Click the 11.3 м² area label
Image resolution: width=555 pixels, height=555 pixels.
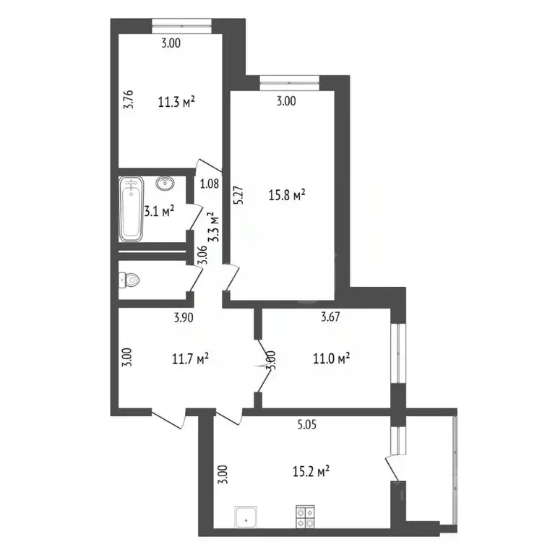click(177, 102)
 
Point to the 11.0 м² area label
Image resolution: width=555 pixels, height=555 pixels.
click(332, 357)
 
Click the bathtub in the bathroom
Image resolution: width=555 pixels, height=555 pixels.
click(132, 210)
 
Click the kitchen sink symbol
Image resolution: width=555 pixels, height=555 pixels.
click(246, 517)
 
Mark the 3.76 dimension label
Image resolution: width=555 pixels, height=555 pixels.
click(128, 98)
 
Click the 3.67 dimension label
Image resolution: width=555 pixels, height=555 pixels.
click(331, 316)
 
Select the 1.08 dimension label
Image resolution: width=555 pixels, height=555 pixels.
click(209, 184)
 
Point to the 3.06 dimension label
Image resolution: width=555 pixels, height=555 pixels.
click(203, 255)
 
